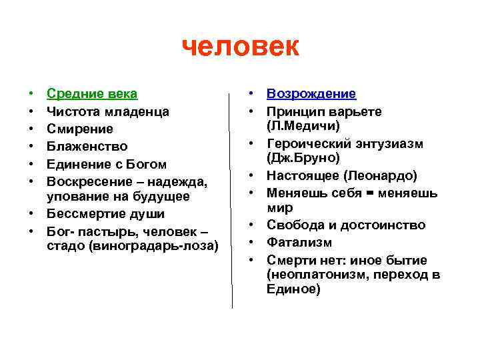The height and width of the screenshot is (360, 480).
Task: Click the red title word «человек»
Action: pos(241,47)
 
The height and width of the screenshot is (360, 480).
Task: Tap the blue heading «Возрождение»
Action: pos(311,94)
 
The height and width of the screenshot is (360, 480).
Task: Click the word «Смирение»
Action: pos(79,129)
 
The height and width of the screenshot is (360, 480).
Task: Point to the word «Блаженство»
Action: pos(84,146)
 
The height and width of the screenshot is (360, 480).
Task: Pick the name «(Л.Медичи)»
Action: pos(303,125)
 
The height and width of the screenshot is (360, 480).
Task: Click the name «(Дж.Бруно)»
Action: pos(303,159)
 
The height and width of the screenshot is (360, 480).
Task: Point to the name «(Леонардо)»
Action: pos(380,176)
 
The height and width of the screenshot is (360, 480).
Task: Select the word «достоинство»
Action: pos(388,225)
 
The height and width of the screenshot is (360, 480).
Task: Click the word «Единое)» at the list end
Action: pos(293,289)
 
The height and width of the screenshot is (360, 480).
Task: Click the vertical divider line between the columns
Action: pos(232,200)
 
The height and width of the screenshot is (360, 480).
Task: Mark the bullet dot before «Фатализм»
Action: pos(253,243)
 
